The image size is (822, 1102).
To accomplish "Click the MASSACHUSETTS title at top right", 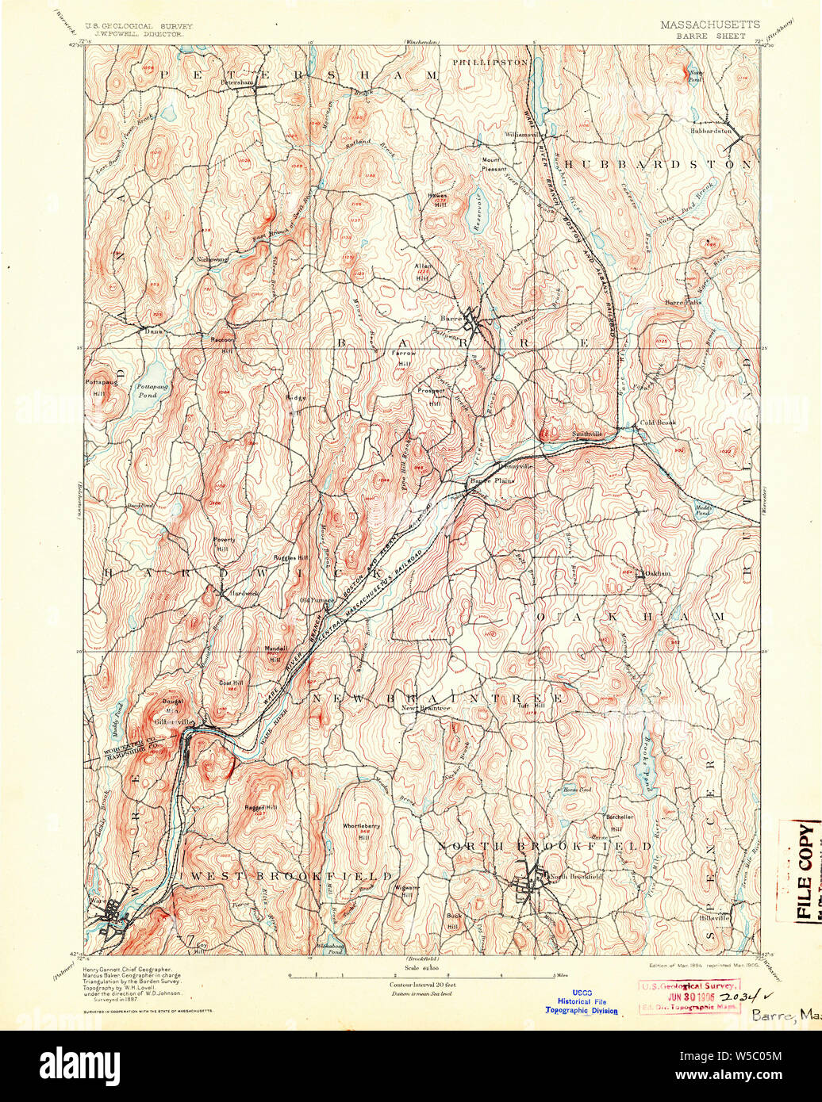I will click(x=709, y=25).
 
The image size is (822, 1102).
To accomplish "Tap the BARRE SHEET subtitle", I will click(x=710, y=35).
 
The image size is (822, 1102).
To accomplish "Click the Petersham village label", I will click(x=236, y=81).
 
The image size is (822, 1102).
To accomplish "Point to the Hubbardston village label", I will click(x=710, y=131).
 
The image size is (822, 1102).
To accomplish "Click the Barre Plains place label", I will click(x=492, y=480).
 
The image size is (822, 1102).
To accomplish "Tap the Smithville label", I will click(x=588, y=434).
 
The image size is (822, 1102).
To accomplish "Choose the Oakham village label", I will click(x=657, y=573).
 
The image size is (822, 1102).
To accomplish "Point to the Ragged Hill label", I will click(x=260, y=807).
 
